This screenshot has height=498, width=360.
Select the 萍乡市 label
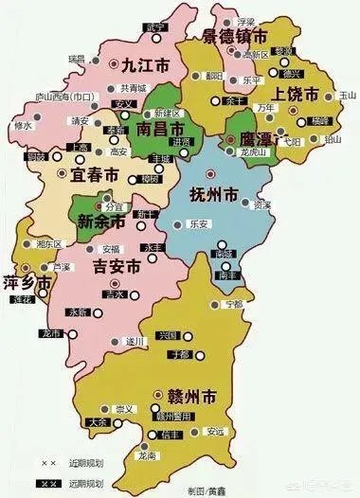tap(26, 282)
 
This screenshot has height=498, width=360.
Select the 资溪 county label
tap(262, 205)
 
